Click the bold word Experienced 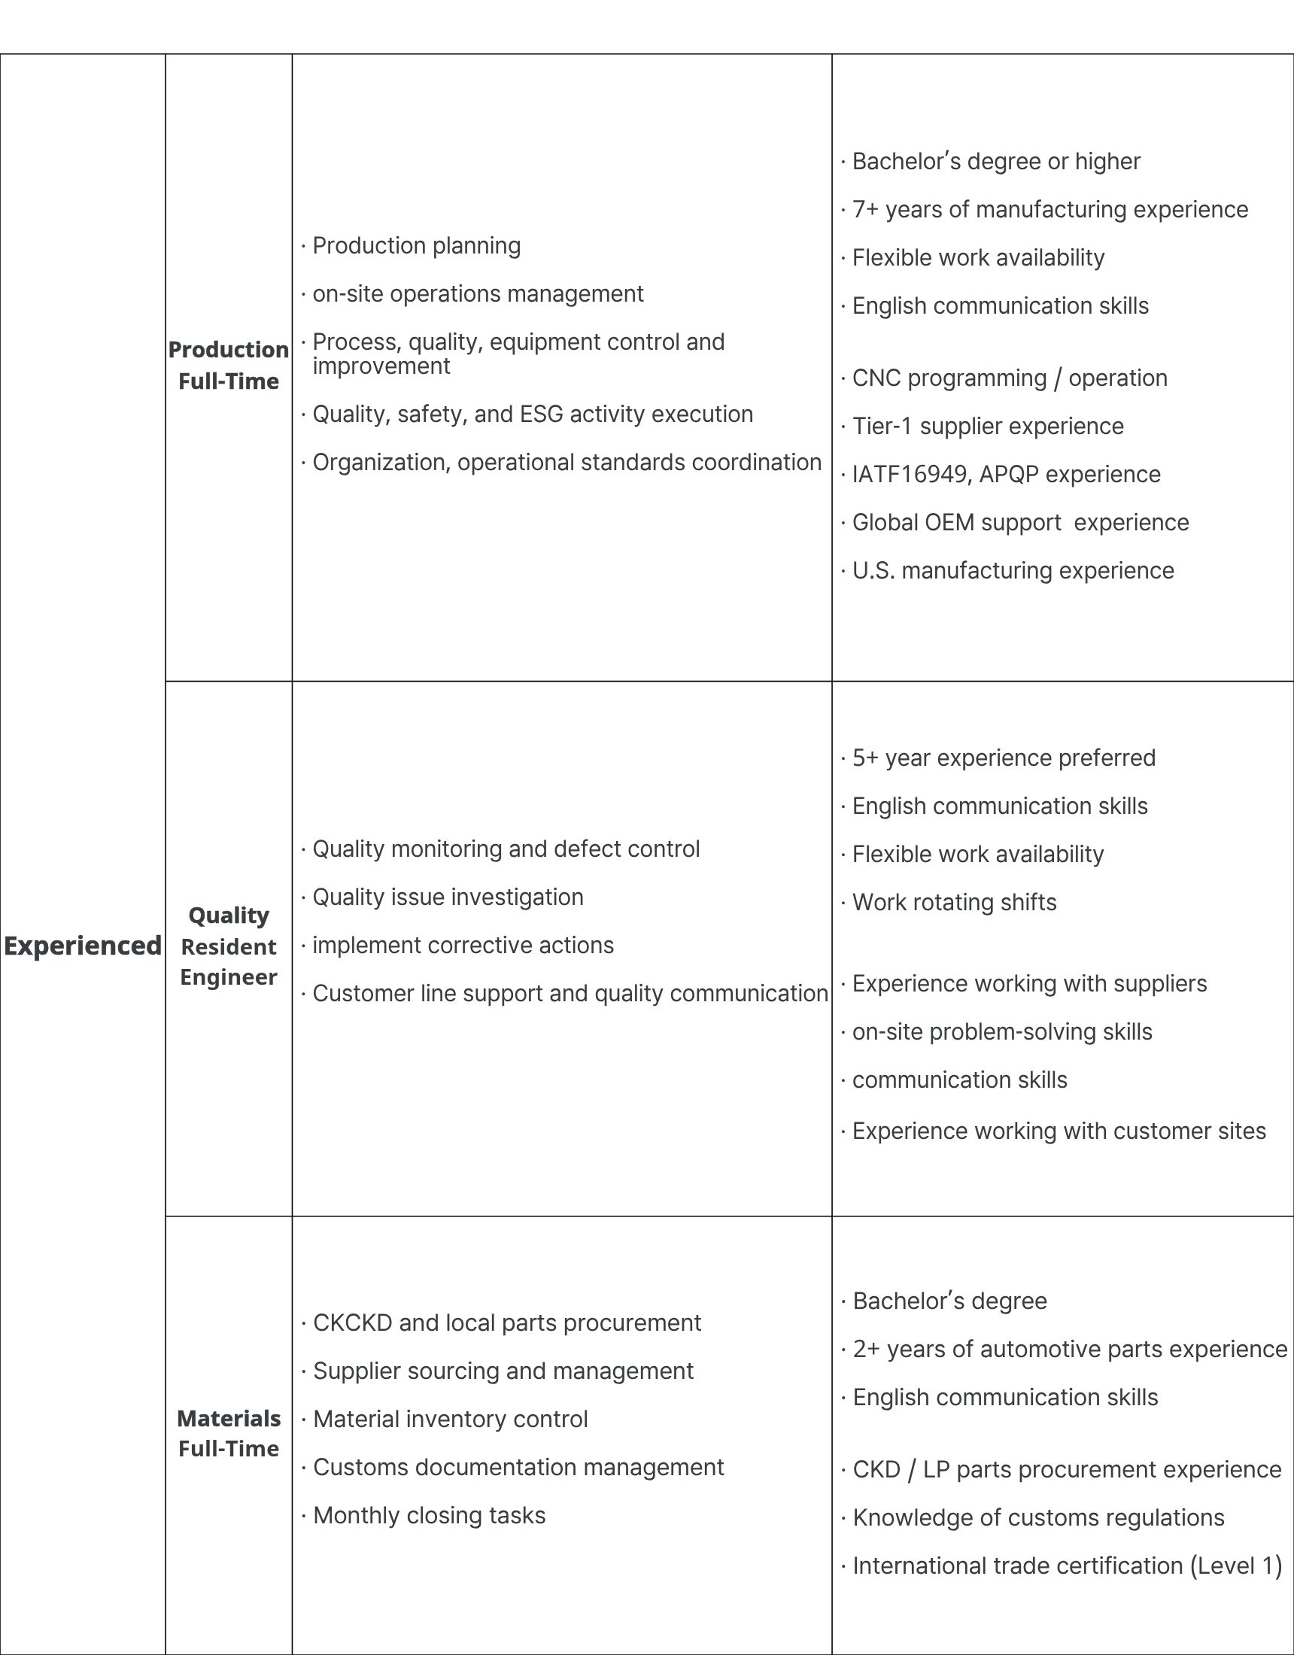pyautogui.click(x=82, y=946)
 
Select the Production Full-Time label pyautogui.click(x=228, y=366)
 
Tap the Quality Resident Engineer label pyautogui.click(x=228, y=946)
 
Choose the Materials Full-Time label pyautogui.click(x=228, y=1433)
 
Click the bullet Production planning pyautogui.click(x=416, y=245)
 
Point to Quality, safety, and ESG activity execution pyautogui.click(x=532, y=414)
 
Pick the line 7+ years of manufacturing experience pyautogui.click(x=1049, y=209)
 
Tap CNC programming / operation pyautogui.click(x=1009, y=378)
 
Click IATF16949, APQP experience pyautogui.click(x=1006, y=475)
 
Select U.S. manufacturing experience pyautogui.click(x=1013, y=571)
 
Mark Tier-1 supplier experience pyautogui.click(x=988, y=426)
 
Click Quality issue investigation pyautogui.click(x=447, y=897)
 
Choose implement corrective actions pyautogui.click(x=463, y=945)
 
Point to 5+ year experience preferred pyautogui.click(x=1004, y=758)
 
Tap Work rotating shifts pyautogui.click(x=954, y=903)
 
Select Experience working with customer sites pyautogui.click(x=1059, y=1131)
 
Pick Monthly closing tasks pyautogui.click(x=428, y=1516)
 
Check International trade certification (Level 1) pyautogui.click(x=1067, y=1565)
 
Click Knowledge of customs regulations pyautogui.click(x=1037, y=1517)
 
